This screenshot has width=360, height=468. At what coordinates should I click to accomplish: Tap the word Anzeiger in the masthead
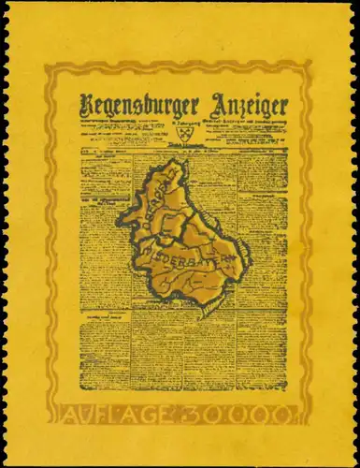tap(245, 105)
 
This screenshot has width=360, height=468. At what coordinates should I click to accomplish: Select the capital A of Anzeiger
tap(210, 104)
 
